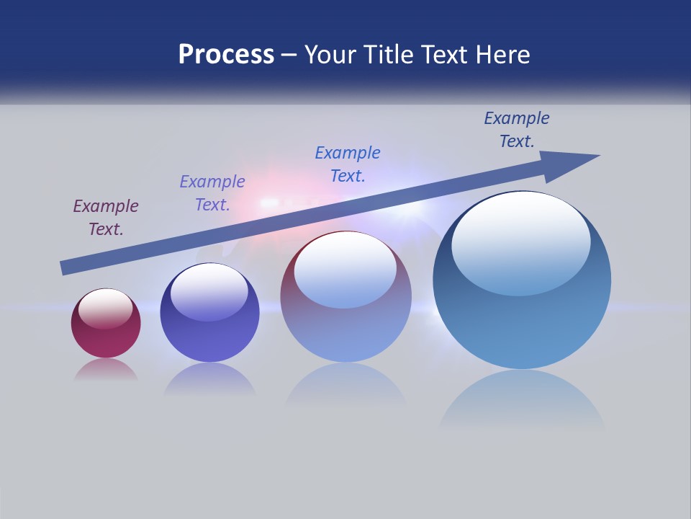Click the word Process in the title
coord(226,55)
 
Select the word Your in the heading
coord(328,55)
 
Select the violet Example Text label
coord(212,193)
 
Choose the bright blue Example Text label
coord(348,164)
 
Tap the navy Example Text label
coord(517,130)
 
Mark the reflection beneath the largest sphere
coord(522,400)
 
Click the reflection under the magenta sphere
coord(106,370)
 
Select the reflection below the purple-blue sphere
coord(209,379)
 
